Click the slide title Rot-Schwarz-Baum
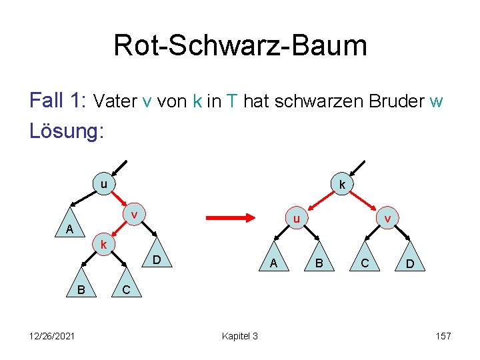[240, 45]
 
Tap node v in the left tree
[135, 215]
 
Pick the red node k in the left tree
[103, 245]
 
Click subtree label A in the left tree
[69, 229]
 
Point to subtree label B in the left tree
[81, 289]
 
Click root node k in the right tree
[341, 185]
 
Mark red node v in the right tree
[387, 218]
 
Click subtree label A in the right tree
[274, 264]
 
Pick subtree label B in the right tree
[319, 264]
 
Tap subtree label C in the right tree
[365, 264]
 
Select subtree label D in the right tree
[411, 265]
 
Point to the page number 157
[443, 335]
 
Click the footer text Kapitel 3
[239, 335]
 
